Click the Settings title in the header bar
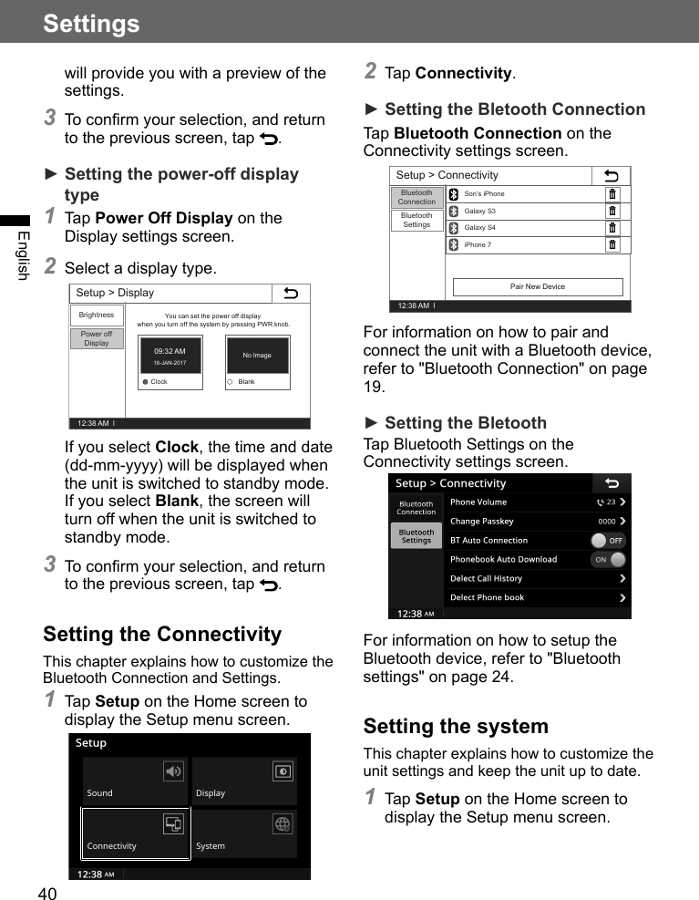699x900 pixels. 91,23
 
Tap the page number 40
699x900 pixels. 47,894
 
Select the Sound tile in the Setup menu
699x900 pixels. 135,781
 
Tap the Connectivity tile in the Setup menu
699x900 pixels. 135,833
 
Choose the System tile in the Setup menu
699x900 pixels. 244,833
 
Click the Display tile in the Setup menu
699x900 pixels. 244,781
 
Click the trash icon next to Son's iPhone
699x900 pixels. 612,194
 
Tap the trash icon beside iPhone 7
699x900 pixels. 612,244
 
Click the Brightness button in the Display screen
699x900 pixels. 97,315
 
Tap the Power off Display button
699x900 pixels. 97,338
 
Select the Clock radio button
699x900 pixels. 145,382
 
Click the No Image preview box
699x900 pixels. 257,356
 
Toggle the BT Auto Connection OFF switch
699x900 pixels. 608,540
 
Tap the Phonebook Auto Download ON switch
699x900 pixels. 608,559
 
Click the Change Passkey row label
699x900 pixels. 482,522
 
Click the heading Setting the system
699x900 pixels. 456,727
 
